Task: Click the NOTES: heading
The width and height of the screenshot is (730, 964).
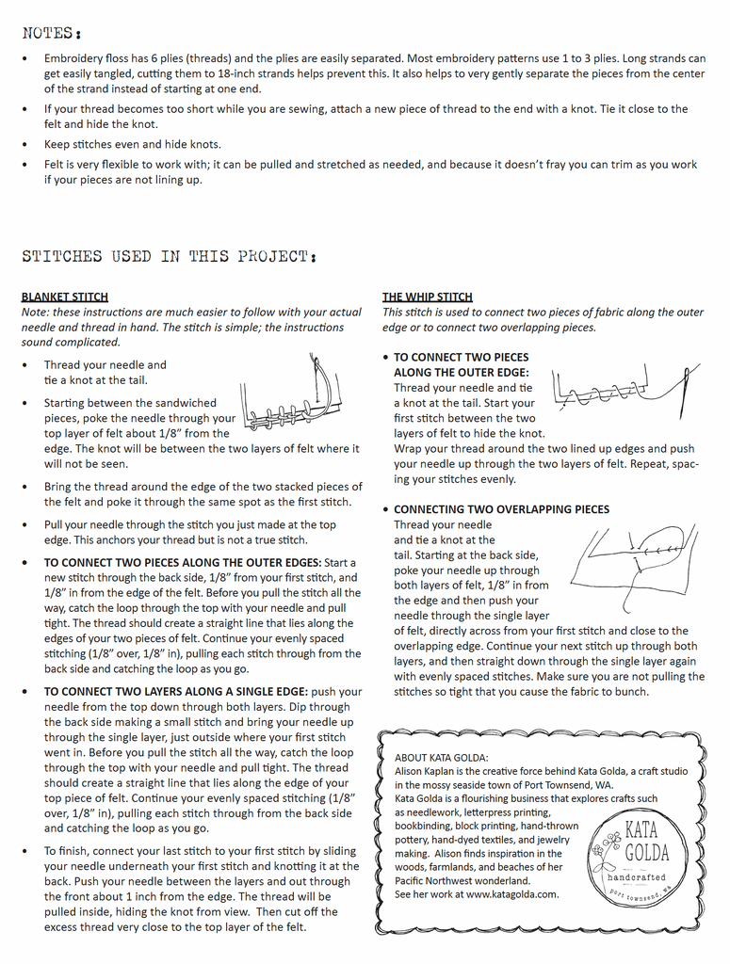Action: (x=49, y=33)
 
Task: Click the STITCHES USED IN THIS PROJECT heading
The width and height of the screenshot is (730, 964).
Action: (x=169, y=256)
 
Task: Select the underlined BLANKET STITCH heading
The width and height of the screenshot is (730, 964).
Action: (x=64, y=297)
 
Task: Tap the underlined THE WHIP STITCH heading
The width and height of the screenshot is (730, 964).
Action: (x=427, y=297)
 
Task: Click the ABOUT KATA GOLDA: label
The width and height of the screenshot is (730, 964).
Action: (x=441, y=758)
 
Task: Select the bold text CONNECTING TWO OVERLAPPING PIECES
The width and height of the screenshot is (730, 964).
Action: (x=501, y=509)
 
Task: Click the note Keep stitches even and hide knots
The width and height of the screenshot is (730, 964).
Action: (x=133, y=144)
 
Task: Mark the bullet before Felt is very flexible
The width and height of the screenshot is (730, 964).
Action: (x=25, y=165)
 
